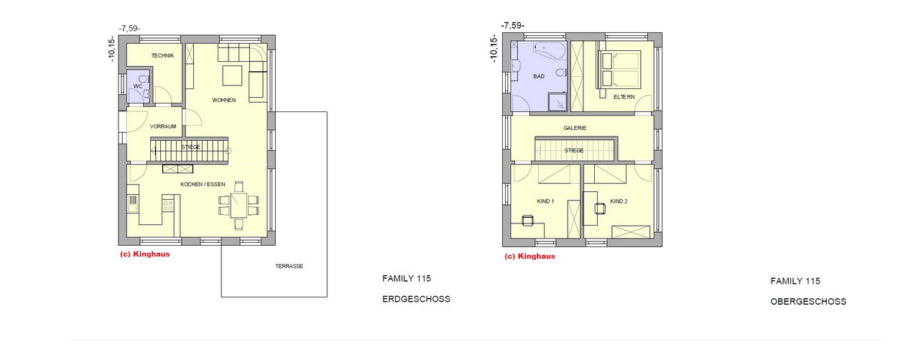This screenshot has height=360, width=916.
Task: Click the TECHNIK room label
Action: click(162, 55)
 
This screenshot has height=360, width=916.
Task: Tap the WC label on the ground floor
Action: click(138, 86)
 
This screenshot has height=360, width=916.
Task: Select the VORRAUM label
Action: click(163, 126)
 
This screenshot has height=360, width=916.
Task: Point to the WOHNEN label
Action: click(223, 100)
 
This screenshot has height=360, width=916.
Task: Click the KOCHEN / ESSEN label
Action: click(203, 185)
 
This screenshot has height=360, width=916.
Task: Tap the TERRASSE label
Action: click(289, 267)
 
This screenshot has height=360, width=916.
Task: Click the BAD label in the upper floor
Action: click(539, 76)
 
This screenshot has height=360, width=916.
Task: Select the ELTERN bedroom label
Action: click(624, 97)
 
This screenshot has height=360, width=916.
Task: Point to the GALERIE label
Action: click(575, 128)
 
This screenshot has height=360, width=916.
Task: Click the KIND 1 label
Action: click(545, 201)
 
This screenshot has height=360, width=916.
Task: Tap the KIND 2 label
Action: click(619, 201)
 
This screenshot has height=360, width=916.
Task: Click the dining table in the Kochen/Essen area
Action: click(239, 206)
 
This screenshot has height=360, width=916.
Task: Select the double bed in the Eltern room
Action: click(619, 69)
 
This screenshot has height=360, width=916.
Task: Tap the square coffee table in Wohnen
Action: click(232, 75)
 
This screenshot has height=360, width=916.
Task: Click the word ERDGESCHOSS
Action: click(416, 299)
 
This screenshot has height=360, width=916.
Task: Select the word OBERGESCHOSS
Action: click(808, 302)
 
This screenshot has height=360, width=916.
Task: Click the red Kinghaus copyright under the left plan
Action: click(144, 254)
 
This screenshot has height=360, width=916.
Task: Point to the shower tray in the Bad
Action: click(558, 102)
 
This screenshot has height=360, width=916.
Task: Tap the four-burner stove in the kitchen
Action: click(167, 206)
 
